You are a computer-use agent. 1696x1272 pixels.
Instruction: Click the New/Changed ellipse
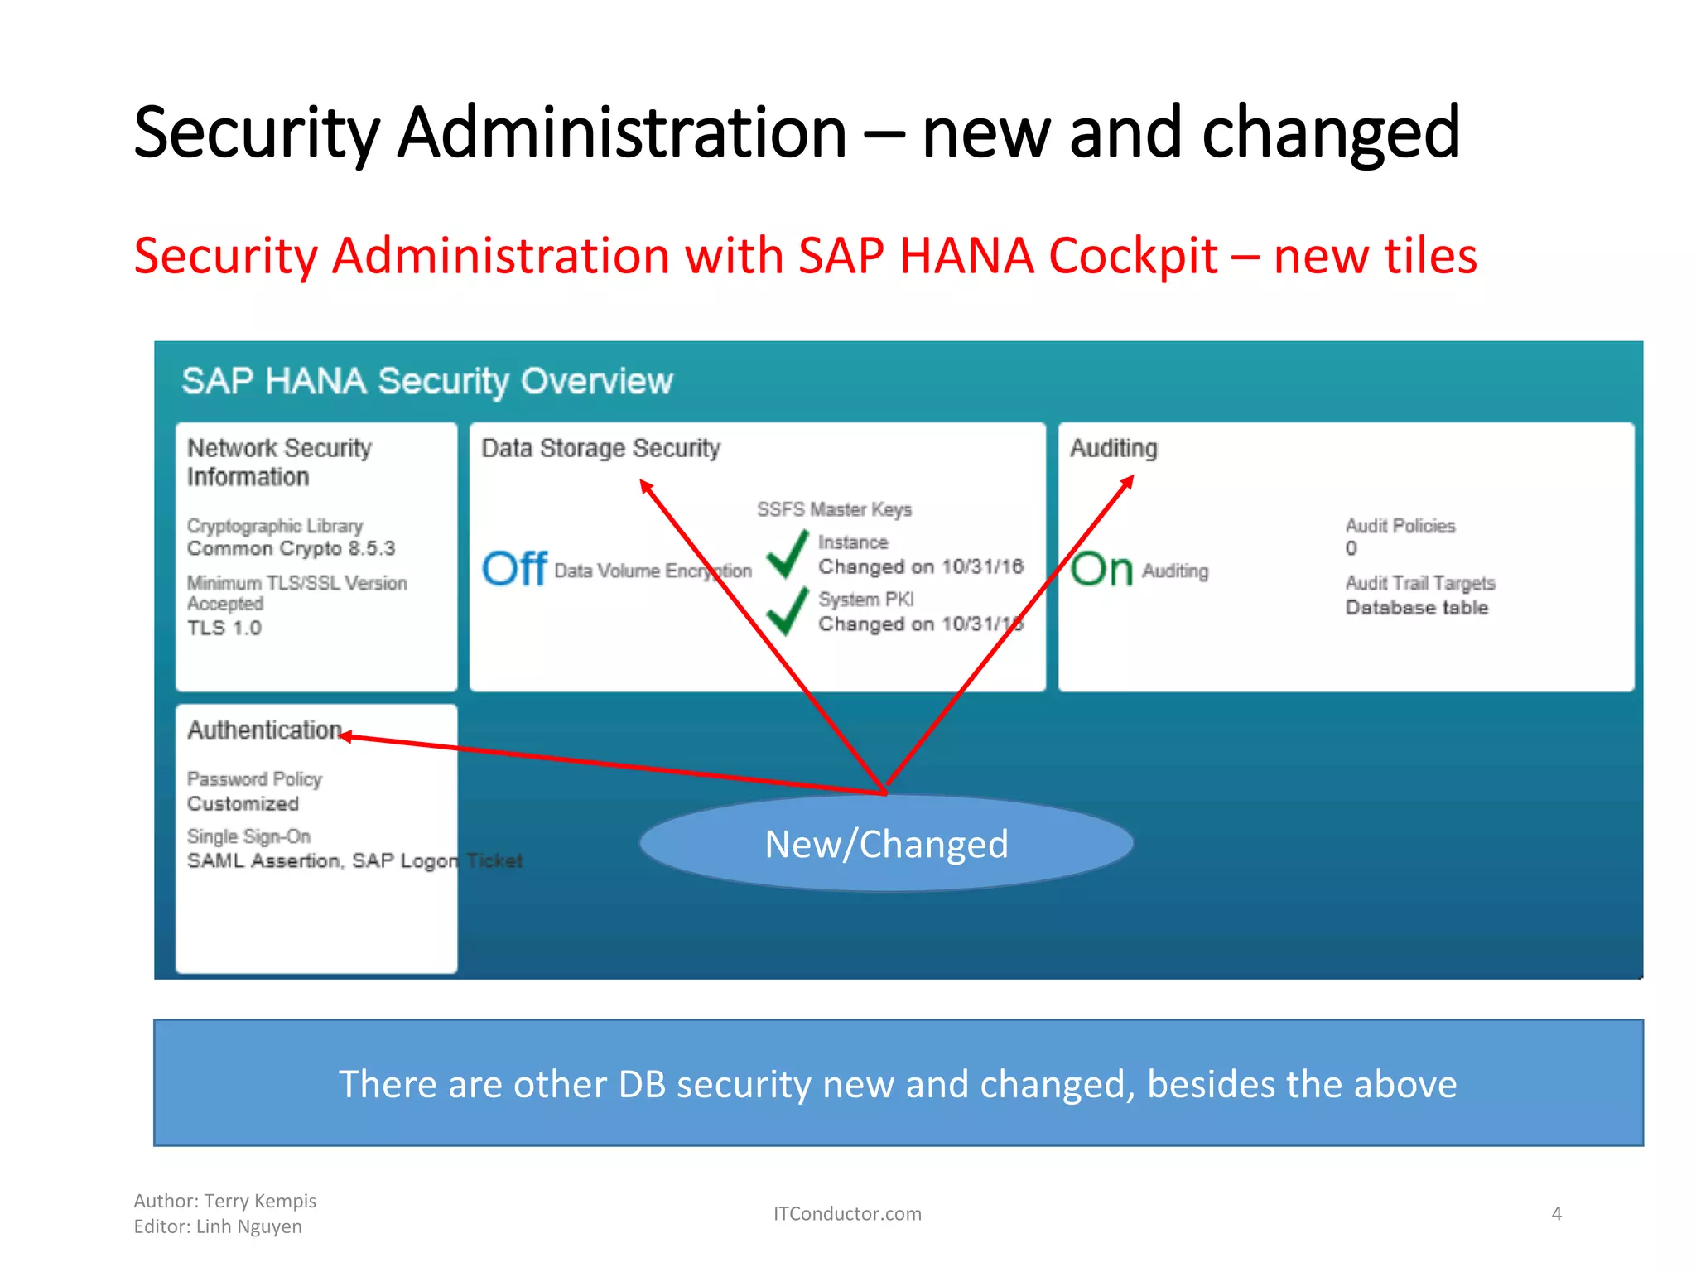[886, 844]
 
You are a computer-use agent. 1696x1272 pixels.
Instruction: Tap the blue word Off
[514, 569]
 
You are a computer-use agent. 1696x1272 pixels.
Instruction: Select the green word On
[1101, 569]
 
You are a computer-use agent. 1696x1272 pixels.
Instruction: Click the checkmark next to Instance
[787, 554]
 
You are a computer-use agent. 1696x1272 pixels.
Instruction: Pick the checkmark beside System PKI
[787, 611]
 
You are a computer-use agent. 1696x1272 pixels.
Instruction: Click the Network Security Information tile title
[279, 462]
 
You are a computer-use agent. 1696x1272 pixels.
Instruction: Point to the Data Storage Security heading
[600, 448]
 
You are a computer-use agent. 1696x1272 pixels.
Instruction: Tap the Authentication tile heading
[264, 730]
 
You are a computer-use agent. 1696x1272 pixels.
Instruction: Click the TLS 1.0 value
[224, 628]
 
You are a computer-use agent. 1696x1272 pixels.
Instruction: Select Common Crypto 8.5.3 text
[291, 548]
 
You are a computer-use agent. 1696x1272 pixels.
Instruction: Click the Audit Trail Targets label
[1419, 583]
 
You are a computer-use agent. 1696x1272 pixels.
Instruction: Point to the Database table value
[1416, 608]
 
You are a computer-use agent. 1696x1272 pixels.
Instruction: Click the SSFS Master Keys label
[834, 509]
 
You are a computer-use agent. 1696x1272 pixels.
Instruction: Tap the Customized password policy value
[243, 803]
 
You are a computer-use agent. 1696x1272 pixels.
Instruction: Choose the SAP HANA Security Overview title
[426, 381]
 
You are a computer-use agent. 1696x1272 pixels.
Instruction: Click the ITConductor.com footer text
[846, 1213]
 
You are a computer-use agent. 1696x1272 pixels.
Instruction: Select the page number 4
[1556, 1213]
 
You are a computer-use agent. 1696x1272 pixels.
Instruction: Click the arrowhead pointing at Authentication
[347, 736]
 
